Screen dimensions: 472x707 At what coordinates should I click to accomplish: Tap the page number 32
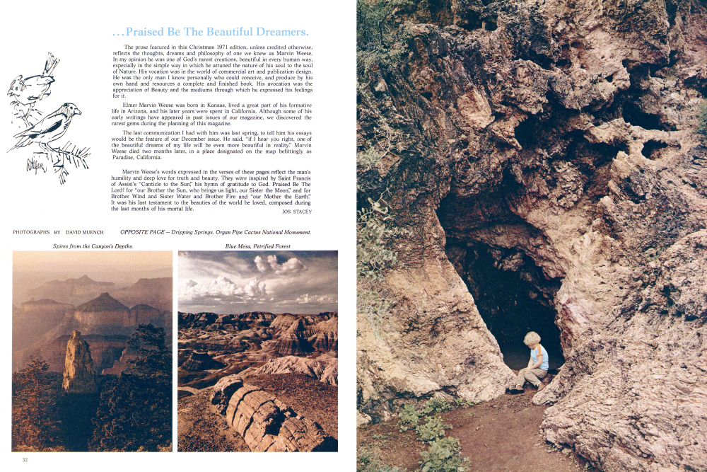click(25, 460)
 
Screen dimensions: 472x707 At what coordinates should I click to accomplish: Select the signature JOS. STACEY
click(297, 211)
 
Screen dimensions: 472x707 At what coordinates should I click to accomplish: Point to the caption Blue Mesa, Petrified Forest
click(257, 246)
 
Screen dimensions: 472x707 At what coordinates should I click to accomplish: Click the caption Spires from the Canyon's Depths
click(93, 246)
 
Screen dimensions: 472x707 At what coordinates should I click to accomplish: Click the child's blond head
click(532, 340)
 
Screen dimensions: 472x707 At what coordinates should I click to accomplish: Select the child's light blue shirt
click(539, 357)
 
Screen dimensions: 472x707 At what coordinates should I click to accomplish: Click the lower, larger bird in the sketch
click(53, 127)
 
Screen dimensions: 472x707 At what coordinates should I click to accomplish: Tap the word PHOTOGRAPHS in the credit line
click(31, 232)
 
